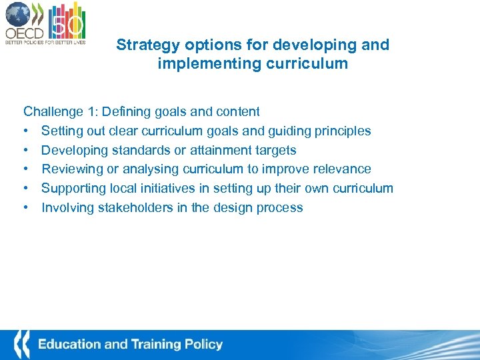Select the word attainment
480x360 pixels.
click(x=219, y=150)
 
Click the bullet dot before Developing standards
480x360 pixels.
click(x=26, y=150)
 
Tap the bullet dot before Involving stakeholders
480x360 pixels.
click(x=26, y=208)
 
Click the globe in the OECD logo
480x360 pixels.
click(x=17, y=14)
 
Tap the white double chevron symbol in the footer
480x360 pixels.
click(x=21, y=345)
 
